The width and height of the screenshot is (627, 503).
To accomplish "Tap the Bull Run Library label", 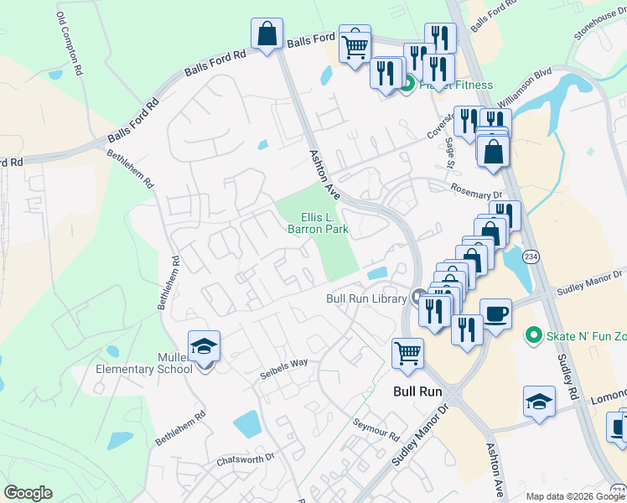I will tap(366, 298).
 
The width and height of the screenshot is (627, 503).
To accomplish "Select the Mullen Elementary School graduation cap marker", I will tap(203, 346).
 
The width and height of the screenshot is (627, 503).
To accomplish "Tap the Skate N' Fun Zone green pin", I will tap(531, 336).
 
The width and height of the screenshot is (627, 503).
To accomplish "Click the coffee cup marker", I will tap(495, 314).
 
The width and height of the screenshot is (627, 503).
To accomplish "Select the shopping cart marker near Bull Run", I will tap(407, 354).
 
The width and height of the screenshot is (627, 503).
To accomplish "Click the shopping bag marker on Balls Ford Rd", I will tap(267, 35).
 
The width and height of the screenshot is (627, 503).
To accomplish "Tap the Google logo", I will tap(28, 493).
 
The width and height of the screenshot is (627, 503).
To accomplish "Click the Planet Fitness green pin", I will tap(407, 84).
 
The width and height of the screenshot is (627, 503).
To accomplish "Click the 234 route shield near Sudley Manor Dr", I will tap(531, 257).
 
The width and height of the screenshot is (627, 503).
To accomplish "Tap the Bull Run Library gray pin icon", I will tap(418, 297).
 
